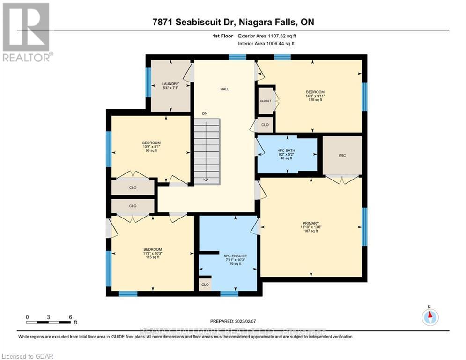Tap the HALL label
225,89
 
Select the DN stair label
205,113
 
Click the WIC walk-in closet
342,155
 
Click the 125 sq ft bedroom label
315,96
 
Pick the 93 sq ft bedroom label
151,146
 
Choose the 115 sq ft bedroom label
152,253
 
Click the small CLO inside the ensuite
205,285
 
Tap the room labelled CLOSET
266,101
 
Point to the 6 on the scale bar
70,317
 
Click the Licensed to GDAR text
28,357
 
